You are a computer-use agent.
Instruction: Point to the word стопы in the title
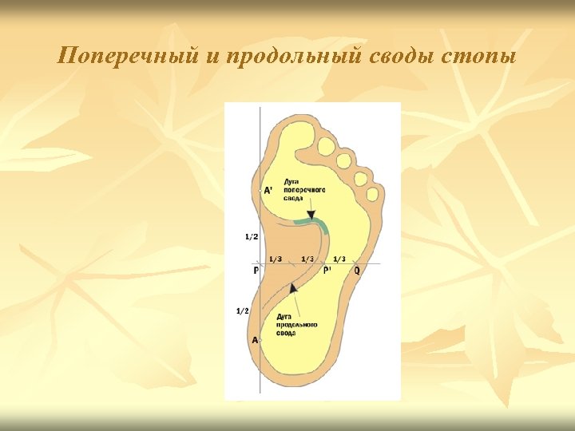478,57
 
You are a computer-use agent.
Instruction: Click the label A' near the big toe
268,190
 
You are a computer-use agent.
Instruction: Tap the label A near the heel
255,339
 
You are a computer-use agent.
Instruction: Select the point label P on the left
256,271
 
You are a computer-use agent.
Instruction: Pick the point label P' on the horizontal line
327,271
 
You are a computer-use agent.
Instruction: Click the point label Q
357,271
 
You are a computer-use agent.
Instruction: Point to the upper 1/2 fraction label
251,237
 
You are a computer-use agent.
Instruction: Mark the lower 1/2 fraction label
242,310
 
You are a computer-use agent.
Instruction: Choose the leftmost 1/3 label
275,259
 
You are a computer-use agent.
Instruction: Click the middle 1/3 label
307,259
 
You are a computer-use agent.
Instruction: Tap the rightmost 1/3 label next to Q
339,259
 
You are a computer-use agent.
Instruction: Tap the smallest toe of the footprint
371,194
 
